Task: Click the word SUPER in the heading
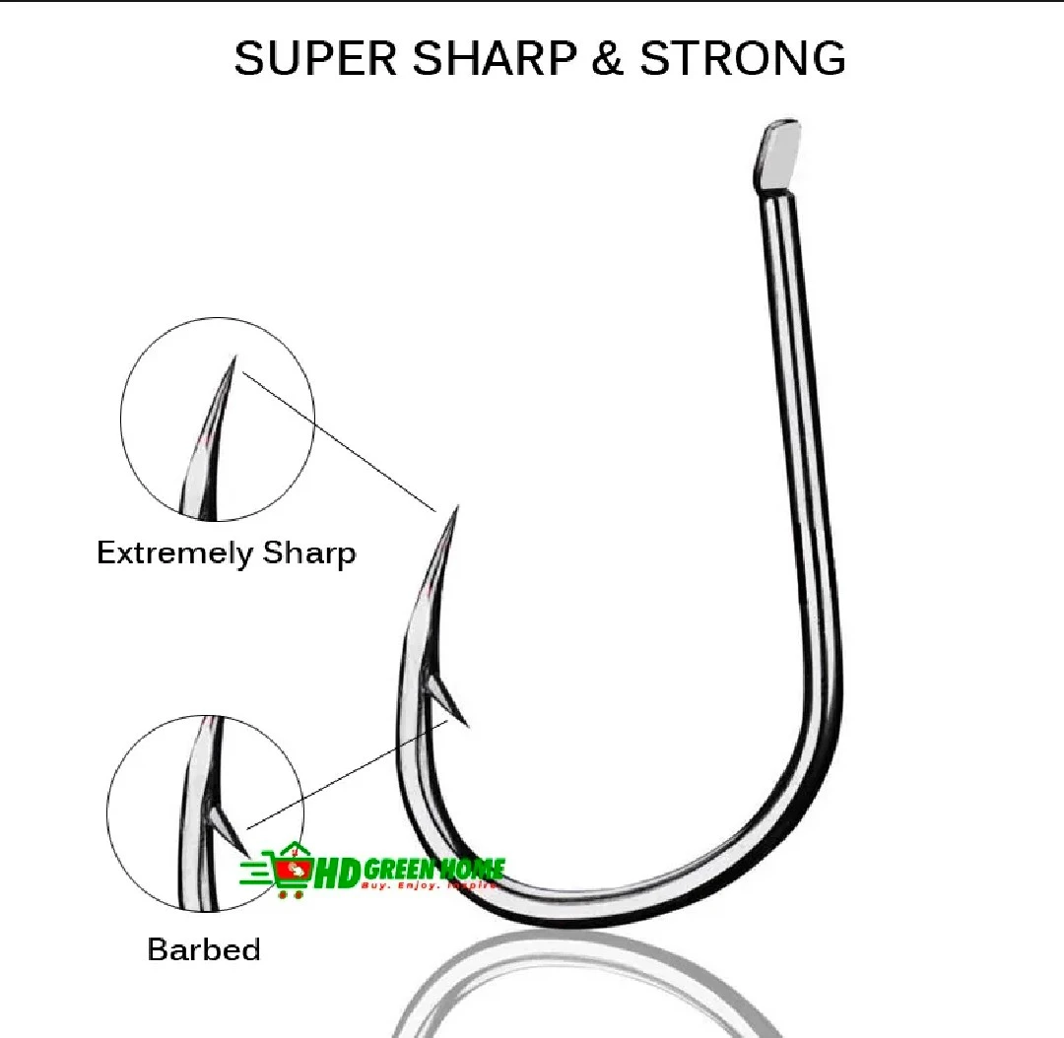(314, 59)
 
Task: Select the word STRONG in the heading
(743, 59)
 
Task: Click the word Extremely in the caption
(174, 552)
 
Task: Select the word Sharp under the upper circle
(308, 552)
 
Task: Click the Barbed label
(204, 949)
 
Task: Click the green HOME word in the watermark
(471, 869)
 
